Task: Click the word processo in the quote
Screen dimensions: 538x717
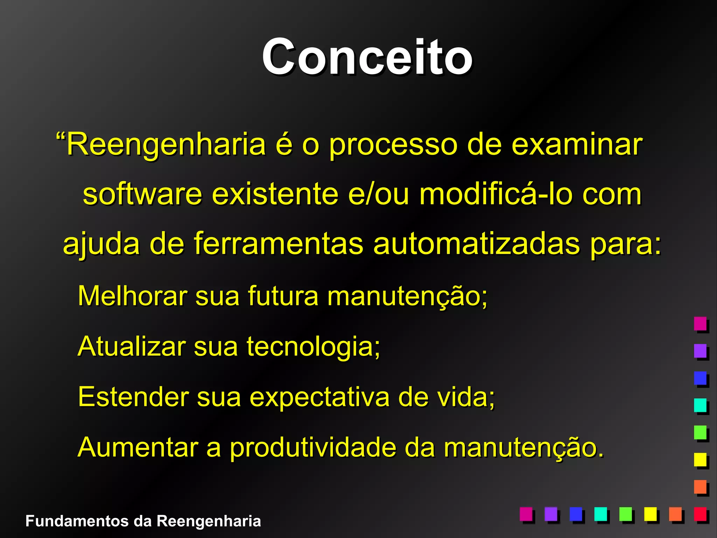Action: point(393,144)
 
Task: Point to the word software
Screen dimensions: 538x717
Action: point(142,194)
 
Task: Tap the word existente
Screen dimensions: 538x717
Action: point(275,194)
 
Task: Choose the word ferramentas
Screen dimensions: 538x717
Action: point(279,244)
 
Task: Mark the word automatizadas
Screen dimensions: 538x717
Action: point(476,244)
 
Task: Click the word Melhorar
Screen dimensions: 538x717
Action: point(133,296)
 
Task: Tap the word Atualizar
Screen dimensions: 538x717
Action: point(132,346)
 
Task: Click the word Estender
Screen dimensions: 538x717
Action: point(133,397)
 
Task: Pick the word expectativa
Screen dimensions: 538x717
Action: point(319,398)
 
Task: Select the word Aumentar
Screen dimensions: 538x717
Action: point(138,447)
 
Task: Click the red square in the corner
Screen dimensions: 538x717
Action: point(700,515)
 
